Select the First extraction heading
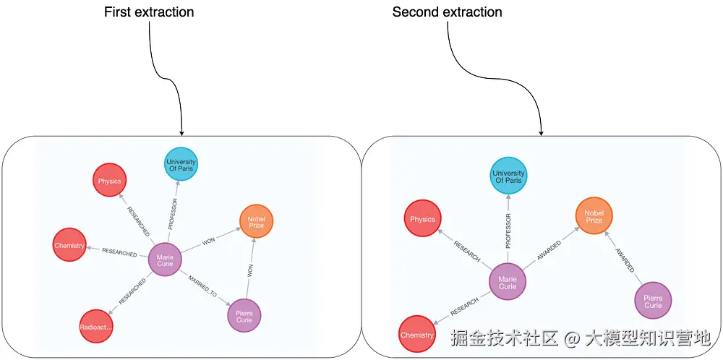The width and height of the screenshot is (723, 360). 149,12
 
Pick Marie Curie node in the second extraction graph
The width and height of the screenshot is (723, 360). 508,282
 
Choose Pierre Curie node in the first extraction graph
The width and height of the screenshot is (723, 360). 244,315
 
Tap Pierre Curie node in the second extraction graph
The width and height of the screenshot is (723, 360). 653,301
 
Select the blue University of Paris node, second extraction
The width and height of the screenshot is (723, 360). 508,177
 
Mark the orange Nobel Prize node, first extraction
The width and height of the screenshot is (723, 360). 257,222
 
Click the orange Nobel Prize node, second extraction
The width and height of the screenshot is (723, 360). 594,216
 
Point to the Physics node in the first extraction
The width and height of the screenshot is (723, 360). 110,181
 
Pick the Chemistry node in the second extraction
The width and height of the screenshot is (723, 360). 417,335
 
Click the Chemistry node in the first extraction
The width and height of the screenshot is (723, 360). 70,246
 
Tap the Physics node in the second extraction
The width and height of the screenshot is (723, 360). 422,219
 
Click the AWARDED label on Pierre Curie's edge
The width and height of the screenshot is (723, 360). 625,258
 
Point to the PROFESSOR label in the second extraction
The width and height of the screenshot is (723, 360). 508,231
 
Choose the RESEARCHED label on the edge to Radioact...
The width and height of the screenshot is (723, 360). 132,291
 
